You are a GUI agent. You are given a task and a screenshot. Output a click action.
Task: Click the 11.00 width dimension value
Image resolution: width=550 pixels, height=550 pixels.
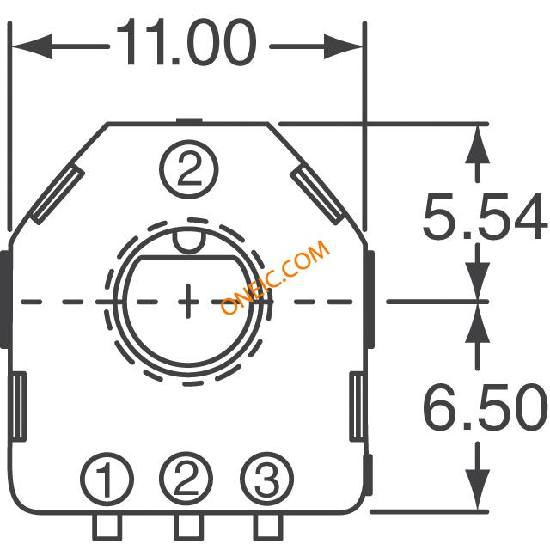186,42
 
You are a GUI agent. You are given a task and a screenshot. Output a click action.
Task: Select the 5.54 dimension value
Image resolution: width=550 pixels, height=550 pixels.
485,216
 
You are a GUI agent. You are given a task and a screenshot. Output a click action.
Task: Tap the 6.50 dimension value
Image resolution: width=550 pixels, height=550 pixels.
485,406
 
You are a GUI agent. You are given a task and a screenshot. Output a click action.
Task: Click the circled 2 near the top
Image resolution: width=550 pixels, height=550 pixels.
189,169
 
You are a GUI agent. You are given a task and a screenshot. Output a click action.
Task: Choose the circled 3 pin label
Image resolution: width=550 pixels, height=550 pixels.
266,479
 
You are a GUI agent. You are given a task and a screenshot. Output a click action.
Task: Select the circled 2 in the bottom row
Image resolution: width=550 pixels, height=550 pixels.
186,479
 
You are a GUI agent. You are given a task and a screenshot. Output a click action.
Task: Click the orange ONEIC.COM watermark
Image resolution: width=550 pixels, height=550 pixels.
275,277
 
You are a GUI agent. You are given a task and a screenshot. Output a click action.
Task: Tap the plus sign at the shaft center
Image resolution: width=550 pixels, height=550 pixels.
188,302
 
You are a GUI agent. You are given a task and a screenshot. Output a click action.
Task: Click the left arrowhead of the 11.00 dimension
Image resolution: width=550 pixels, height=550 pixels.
32,46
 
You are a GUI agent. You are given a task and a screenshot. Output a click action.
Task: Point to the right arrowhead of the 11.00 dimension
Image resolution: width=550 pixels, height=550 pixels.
343,46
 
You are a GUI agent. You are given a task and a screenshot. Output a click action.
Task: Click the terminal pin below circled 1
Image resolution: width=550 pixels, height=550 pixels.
107,527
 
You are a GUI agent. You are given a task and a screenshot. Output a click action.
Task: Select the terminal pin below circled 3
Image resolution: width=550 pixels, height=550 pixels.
268,527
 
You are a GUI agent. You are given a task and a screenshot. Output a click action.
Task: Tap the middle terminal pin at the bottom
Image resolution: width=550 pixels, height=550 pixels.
189,527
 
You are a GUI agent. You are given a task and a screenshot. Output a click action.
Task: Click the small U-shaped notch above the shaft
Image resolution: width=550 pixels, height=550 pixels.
189,242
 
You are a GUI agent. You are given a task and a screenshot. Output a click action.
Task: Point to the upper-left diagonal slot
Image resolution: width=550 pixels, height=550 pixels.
58,195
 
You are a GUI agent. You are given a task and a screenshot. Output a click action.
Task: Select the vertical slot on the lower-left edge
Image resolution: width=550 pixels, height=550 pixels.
19,406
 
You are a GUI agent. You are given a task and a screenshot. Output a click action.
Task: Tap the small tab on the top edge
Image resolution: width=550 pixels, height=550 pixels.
189,121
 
